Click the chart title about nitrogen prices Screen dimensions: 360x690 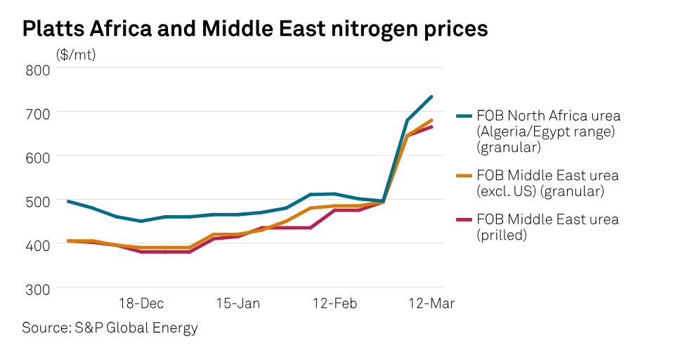(255, 29)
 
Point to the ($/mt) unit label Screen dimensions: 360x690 (76, 54)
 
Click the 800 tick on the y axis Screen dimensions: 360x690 (38, 69)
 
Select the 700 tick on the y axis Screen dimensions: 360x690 (38, 112)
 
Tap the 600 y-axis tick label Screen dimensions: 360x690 (38, 157)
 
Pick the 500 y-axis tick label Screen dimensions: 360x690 (38, 200)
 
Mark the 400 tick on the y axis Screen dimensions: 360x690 (38, 244)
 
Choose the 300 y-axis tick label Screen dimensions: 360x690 (38, 288)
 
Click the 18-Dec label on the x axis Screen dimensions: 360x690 (141, 304)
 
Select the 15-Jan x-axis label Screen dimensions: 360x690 (237, 304)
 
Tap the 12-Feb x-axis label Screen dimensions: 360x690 (334, 304)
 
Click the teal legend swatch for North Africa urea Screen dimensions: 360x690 (464, 116)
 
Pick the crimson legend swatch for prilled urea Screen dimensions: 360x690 (464, 220)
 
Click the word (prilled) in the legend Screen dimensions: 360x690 (502, 236)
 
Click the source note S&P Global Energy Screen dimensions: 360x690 (110, 328)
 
